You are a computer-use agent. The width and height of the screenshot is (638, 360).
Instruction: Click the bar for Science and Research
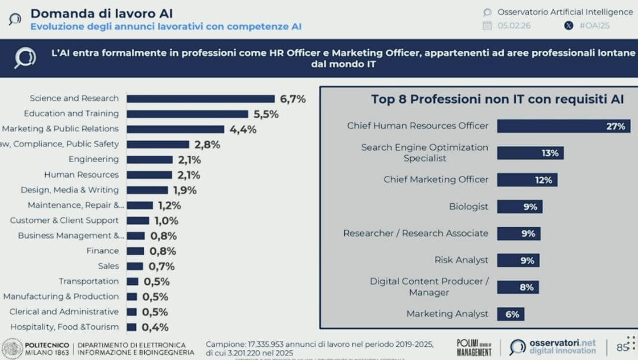(x=201, y=99)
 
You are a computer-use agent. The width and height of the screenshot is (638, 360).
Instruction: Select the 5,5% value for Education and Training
(x=265, y=114)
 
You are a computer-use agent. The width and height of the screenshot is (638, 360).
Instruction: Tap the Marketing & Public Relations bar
(x=175, y=129)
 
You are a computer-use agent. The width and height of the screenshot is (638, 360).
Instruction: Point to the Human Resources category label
(x=82, y=175)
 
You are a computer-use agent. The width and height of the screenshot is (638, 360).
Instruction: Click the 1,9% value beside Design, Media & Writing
(x=185, y=190)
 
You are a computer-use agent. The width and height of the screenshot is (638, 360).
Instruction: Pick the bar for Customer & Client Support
(x=138, y=221)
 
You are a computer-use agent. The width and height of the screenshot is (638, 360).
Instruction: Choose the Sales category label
(x=108, y=266)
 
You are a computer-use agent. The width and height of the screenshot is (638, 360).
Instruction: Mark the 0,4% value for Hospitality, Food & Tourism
(x=155, y=328)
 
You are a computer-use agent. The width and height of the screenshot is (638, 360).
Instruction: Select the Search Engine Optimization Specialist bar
(x=530, y=153)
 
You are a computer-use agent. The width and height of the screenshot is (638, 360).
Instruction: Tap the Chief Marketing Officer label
(x=436, y=179)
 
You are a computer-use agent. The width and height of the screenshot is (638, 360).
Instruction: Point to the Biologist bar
(x=519, y=207)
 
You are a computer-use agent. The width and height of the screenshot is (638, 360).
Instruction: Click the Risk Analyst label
(x=462, y=260)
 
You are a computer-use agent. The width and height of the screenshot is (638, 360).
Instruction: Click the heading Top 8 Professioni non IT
(x=497, y=100)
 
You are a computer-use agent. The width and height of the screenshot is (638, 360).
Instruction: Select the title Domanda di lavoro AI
(x=101, y=13)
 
